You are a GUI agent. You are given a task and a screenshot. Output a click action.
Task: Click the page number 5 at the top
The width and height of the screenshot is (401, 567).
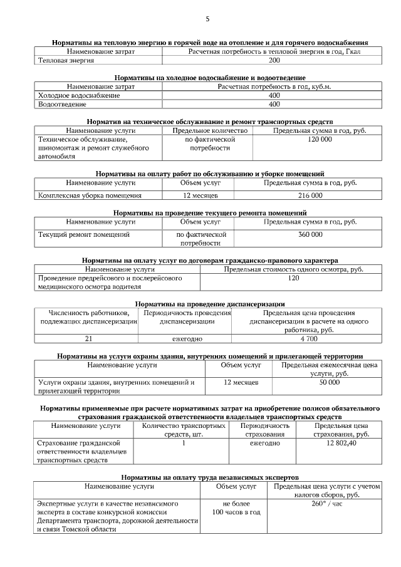pyautogui.click(x=207, y=19)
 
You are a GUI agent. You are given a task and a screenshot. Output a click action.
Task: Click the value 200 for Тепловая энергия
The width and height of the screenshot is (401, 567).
pyautogui.click(x=274, y=61)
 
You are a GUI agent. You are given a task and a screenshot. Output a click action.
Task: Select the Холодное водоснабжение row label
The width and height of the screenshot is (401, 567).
pyautogui.click(x=79, y=95)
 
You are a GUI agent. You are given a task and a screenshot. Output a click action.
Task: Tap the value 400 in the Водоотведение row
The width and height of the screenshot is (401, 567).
pyautogui.click(x=274, y=105)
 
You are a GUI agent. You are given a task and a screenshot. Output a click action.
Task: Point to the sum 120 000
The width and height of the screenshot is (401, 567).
pyautogui.click(x=320, y=140)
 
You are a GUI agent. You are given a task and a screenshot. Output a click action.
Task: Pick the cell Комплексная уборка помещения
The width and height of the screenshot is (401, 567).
pyautogui.click(x=90, y=195)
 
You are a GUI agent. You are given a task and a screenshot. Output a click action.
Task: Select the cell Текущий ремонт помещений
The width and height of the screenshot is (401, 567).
pyautogui.click(x=84, y=234)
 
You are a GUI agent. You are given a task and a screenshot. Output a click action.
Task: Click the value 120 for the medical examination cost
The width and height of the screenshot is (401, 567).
pyautogui.click(x=293, y=278)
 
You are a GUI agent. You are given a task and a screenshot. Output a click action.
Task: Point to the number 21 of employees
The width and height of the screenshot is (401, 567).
pyautogui.click(x=89, y=338)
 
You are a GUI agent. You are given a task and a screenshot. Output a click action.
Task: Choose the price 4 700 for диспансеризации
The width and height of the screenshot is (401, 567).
pyautogui.click(x=309, y=338)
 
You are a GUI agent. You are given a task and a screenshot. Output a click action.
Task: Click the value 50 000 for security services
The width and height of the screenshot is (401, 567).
pyautogui.click(x=329, y=382)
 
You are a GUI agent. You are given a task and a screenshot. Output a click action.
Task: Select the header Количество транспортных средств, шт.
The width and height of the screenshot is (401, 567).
pyautogui.click(x=184, y=430)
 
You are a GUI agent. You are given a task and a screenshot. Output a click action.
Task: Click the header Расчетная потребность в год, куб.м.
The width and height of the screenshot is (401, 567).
pyautogui.click(x=274, y=86)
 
